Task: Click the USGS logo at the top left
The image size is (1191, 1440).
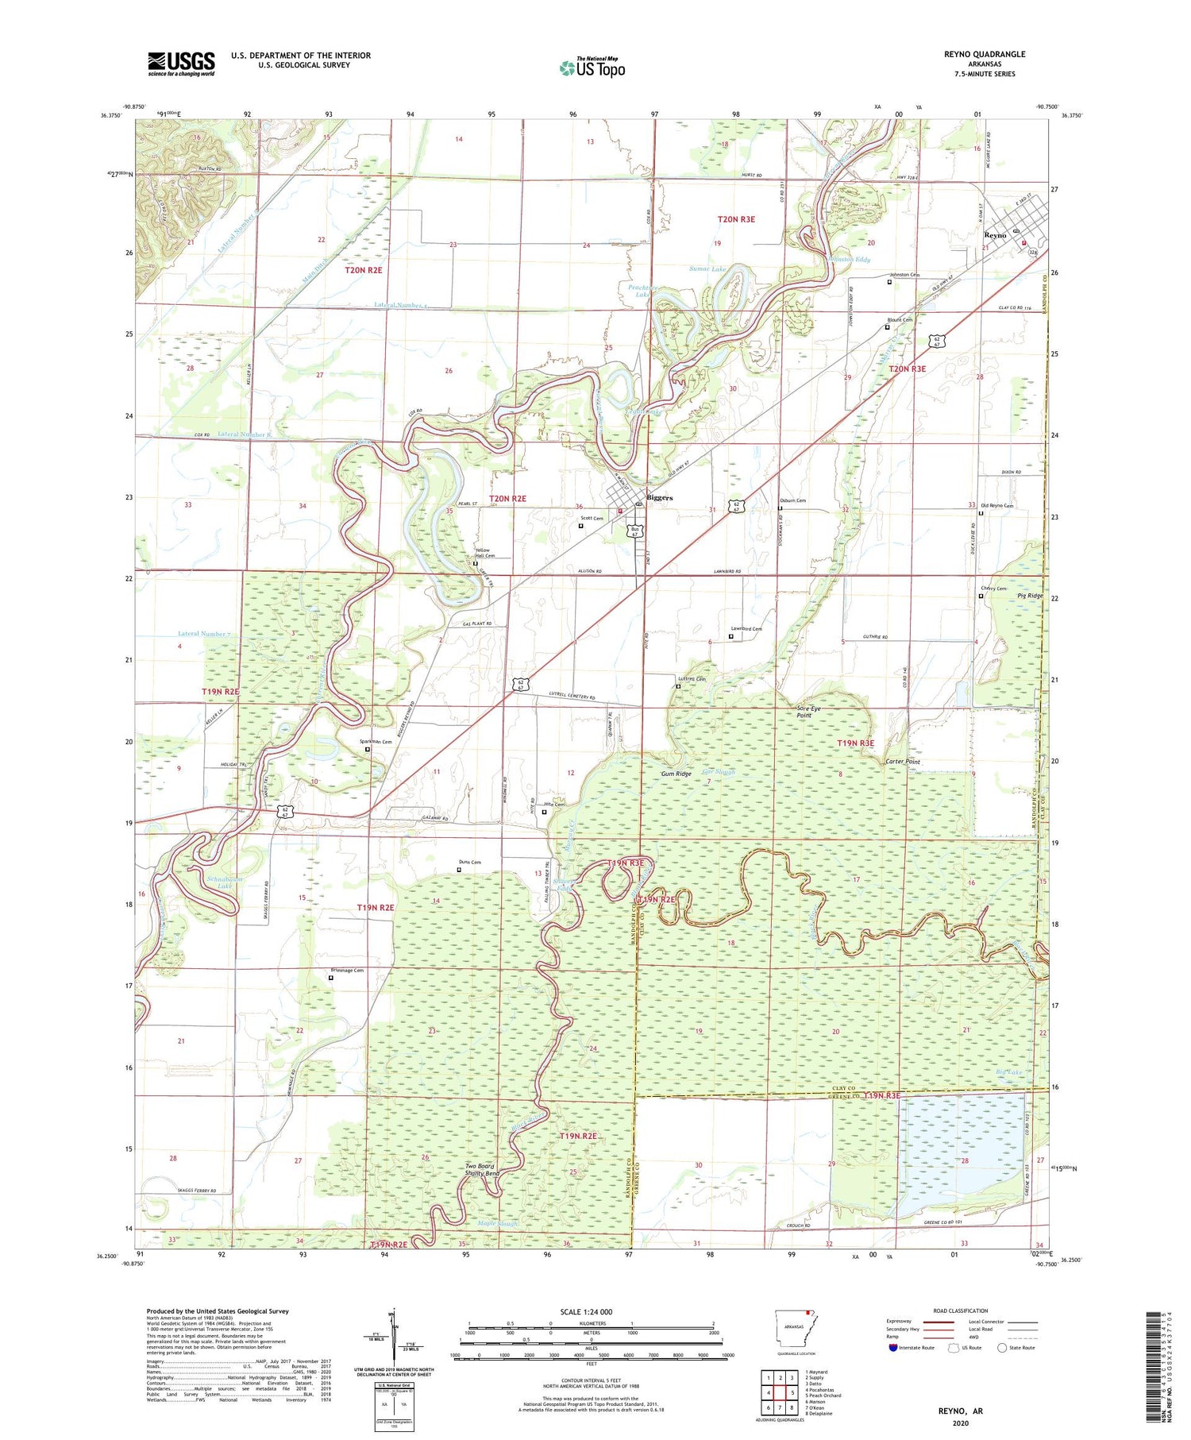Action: pyautogui.click(x=181, y=64)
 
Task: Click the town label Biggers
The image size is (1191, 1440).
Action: pyautogui.click(x=659, y=498)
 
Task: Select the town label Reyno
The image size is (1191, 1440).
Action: pyautogui.click(x=995, y=235)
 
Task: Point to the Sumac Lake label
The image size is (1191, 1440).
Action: pyautogui.click(x=707, y=269)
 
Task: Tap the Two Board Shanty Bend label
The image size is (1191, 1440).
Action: pyautogui.click(x=482, y=1170)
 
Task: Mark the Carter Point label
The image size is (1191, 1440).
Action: pyautogui.click(x=903, y=762)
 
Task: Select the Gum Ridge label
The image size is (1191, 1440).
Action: pyautogui.click(x=676, y=774)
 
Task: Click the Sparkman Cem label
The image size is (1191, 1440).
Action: pyautogui.click(x=376, y=742)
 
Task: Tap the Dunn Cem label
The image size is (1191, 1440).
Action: pyautogui.click(x=469, y=863)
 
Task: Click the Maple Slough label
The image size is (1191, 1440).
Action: pyautogui.click(x=498, y=1223)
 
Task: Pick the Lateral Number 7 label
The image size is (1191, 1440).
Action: pyautogui.click(x=204, y=634)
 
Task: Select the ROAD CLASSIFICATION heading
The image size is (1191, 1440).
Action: pyautogui.click(x=961, y=1311)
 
